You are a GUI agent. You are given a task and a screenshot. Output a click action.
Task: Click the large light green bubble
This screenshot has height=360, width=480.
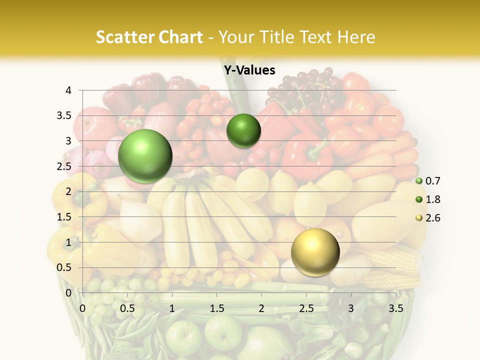tap(145, 156)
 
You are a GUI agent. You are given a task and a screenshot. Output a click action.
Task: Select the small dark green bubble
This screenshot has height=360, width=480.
tap(243, 131)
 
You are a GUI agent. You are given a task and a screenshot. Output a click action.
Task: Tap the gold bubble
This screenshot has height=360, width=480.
tap(315, 252)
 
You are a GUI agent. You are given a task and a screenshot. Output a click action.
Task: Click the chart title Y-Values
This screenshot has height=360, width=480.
tap(249, 70)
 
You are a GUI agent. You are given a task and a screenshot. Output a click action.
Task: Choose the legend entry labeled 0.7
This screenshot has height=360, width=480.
tap(432, 181)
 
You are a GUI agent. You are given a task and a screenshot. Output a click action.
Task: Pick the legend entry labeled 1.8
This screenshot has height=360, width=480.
tap(432, 199)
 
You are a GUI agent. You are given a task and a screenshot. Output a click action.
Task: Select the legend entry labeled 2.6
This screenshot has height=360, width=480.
tap(432, 218)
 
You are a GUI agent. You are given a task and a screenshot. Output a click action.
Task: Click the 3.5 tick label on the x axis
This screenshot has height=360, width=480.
tap(395, 308)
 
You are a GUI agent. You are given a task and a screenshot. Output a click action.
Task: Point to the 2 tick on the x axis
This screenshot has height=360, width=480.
tap(261, 308)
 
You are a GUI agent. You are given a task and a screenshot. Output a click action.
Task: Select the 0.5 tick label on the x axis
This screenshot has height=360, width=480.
tap(127, 308)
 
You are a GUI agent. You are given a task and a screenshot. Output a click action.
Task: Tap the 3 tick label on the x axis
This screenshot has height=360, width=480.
tap(351, 308)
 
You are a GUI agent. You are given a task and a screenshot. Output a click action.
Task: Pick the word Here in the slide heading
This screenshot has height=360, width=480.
tap(357, 37)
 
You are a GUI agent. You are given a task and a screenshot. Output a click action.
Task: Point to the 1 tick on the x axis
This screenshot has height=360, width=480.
tap(172, 308)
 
